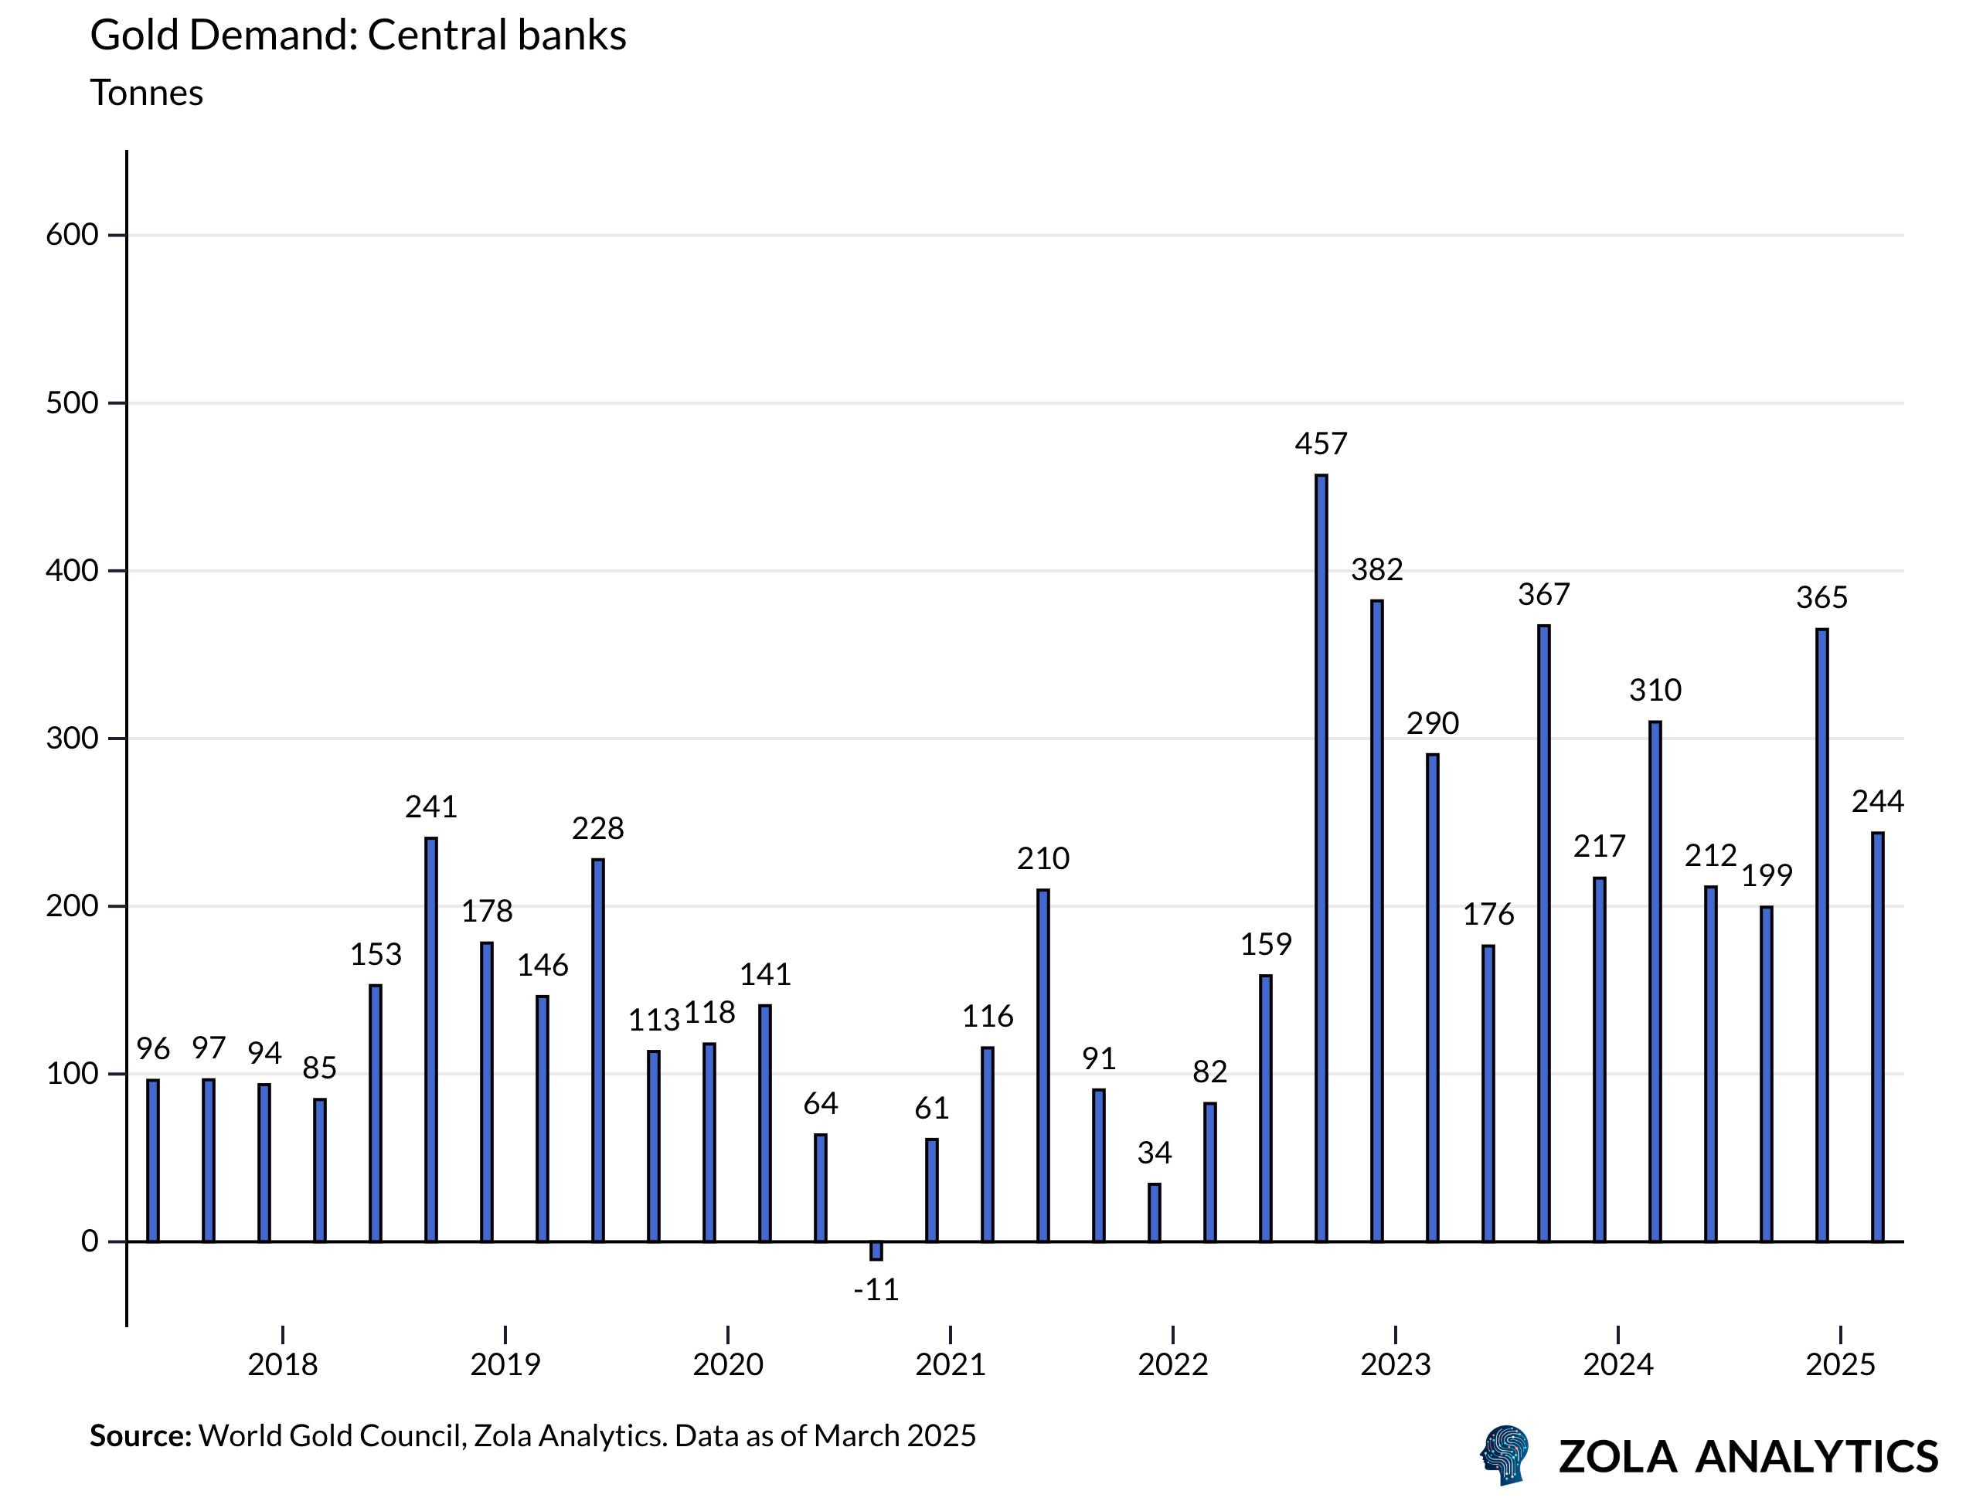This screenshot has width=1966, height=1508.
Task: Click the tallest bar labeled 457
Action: (1321, 858)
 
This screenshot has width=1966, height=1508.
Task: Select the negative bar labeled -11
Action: (876, 1251)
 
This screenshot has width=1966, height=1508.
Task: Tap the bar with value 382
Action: (1376, 920)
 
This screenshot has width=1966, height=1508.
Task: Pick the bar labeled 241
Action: (431, 1039)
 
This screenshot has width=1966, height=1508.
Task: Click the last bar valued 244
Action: (1877, 1037)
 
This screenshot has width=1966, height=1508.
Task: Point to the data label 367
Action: (1543, 594)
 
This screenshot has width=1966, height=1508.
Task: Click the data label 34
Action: (1154, 1153)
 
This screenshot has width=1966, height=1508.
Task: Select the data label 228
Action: (598, 827)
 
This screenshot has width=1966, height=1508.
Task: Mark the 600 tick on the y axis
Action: (72, 235)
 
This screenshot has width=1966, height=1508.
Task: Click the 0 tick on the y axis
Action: (90, 1241)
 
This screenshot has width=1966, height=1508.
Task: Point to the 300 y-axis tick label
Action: (72, 739)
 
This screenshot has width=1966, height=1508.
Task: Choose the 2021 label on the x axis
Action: (950, 1364)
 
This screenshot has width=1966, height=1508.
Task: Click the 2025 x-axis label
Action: (1840, 1364)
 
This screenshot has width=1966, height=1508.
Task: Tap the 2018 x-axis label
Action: (283, 1364)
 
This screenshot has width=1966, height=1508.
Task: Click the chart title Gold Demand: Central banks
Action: (358, 36)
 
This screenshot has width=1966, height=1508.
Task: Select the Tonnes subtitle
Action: (146, 93)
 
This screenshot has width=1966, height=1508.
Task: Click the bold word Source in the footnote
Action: (140, 1436)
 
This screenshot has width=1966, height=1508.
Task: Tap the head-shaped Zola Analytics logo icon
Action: (1505, 1454)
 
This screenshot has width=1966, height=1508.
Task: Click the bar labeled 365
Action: (1821, 936)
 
